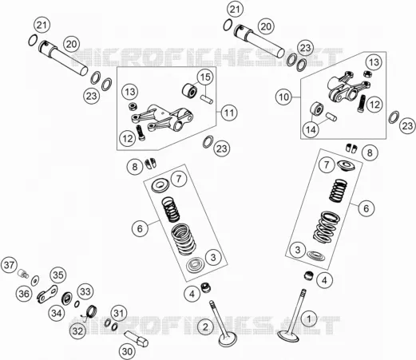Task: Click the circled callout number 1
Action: [309, 318]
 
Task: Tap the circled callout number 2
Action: [205, 326]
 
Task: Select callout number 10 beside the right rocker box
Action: [283, 97]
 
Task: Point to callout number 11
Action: [229, 113]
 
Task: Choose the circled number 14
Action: [311, 130]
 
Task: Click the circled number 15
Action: [205, 77]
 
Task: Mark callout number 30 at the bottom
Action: [127, 351]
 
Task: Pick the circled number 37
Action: [9, 265]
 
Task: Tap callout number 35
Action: [58, 275]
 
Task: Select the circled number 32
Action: [77, 331]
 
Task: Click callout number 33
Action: [85, 291]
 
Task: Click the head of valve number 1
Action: [288, 336]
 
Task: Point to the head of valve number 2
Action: [228, 339]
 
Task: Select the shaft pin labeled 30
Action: [136, 338]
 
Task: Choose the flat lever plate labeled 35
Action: [47, 294]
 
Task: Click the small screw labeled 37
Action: [23, 273]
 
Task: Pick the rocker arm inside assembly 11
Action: [162, 117]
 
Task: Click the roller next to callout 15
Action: [189, 90]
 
